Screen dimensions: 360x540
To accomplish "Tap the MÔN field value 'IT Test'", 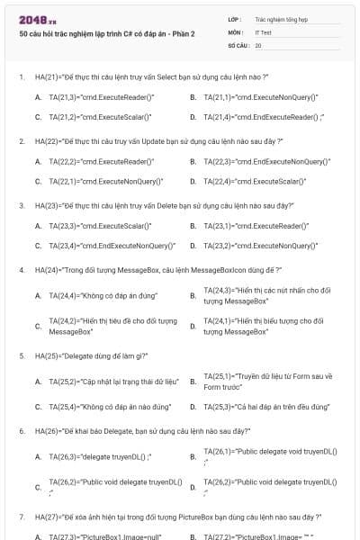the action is point(263,31).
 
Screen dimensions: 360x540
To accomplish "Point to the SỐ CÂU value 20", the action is point(258,43).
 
